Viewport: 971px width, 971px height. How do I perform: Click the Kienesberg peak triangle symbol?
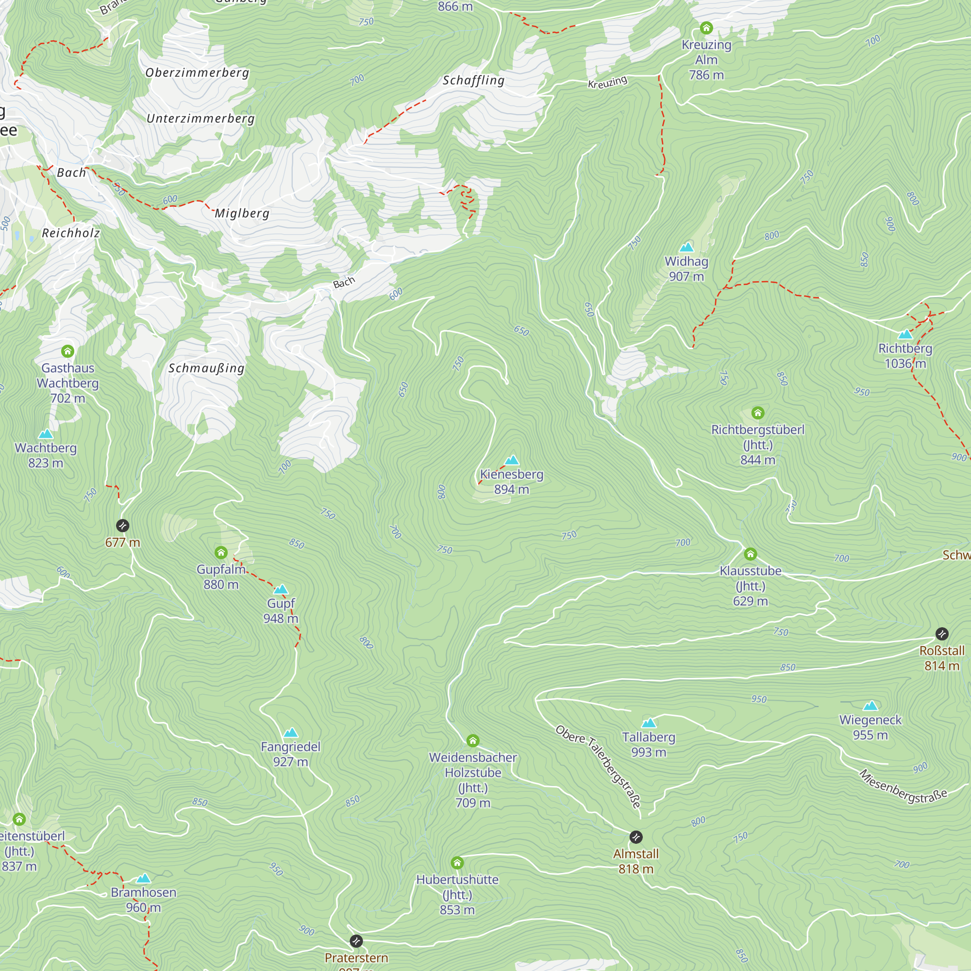pos(512,460)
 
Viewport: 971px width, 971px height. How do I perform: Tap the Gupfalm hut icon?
pos(221,553)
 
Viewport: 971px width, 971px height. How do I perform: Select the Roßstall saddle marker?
pos(942,634)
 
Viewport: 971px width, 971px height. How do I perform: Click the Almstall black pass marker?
pos(636,837)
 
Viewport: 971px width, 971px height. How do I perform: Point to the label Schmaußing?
pos(206,368)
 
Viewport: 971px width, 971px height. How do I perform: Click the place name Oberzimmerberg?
pos(197,73)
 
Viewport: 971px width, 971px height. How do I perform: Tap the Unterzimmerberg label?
pos(201,118)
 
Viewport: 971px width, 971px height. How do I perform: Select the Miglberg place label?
pos(242,214)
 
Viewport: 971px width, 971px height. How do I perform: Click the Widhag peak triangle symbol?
pos(686,247)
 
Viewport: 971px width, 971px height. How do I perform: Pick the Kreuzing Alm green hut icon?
pos(706,28)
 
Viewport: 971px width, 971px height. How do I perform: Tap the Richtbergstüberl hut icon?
pos(758,413)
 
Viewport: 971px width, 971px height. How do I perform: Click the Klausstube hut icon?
pos(751,554)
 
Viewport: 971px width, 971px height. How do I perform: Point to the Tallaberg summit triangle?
pos(649,723)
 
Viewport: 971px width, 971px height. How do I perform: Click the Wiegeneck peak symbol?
pos(871,706)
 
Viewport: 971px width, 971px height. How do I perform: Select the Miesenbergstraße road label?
pos(903,787)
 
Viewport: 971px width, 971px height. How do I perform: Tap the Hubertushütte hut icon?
pos(457,863)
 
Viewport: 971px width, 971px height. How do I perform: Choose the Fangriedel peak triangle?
pos(290,733)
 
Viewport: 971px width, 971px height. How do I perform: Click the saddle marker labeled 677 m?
pos(123,526)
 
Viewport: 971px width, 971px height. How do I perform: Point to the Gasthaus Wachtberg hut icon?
pos(68,351)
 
